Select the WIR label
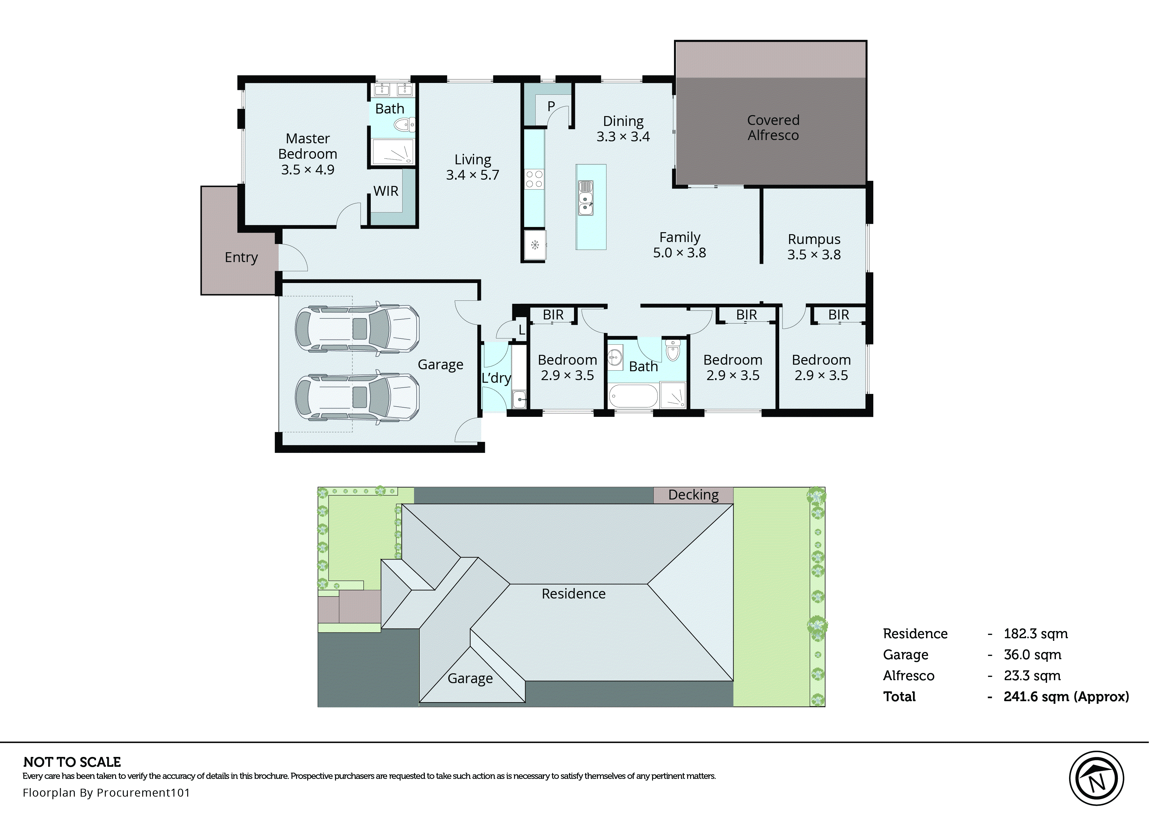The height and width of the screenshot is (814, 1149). [x=386, y=191]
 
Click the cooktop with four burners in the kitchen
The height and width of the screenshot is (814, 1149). [x=534, y=179]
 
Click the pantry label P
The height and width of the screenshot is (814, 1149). [x=551, y=106]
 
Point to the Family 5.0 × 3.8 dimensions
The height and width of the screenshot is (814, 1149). [x=679, y=253]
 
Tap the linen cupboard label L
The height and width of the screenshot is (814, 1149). [x=522, y=330]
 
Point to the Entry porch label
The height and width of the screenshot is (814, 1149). [x=241, y=257]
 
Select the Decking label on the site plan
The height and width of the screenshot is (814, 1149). [x=693, y=495]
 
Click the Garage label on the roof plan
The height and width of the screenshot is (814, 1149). [x=470, y=678]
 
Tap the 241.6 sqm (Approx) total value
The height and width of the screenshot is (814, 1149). [x=1066, y=696]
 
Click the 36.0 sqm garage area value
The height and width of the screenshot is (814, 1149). [x=1032, y=655]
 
